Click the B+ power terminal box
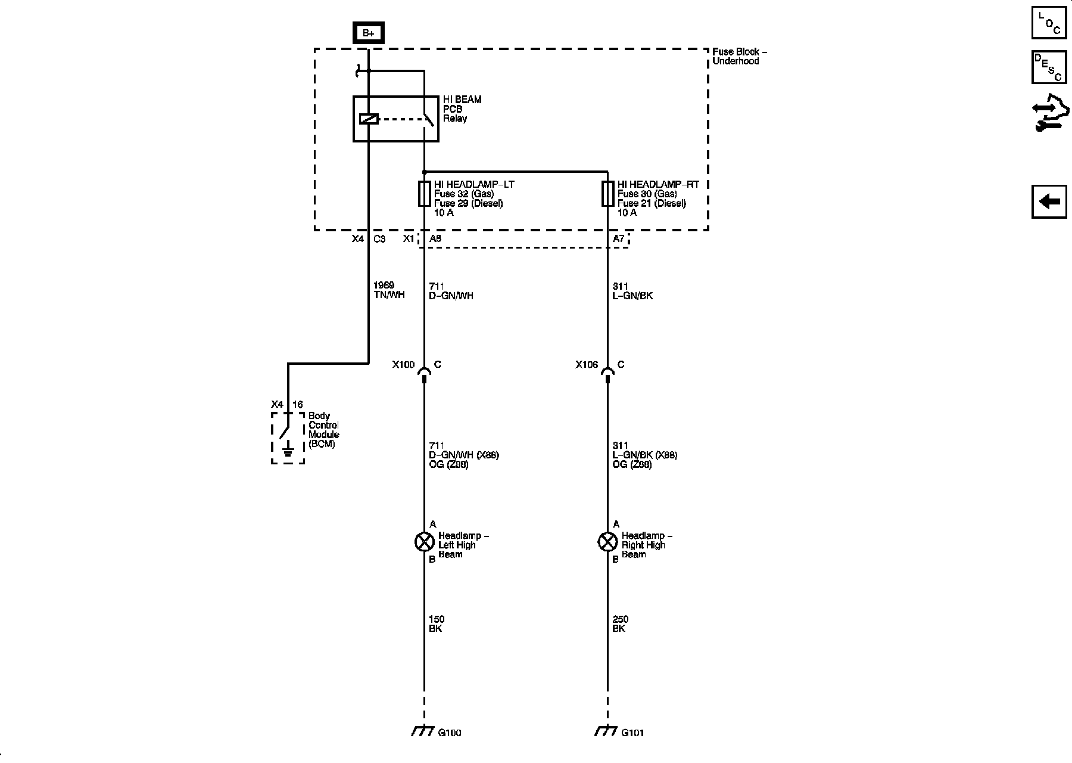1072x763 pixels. [x=369, y=33]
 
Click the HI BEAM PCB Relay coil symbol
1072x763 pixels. [x=369, y=119]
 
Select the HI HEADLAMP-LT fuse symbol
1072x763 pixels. [x=424, y=194]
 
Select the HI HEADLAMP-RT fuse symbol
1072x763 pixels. [x=607, y=194]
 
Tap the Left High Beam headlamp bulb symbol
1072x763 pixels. [x=424, y=542]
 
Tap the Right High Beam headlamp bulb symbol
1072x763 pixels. [x=607, y=542]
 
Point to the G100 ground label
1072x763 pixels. [x=449, y=733]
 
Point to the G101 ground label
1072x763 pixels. [x=632, y=733]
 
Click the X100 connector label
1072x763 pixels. [x=403, y=364]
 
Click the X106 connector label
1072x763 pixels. [x=587, y=364]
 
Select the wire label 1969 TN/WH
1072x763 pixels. [x=388, y=290]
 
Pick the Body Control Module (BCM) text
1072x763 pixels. [x=323, y=430]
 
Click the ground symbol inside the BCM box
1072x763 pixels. [x=288, y=450]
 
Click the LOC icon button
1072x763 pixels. [x=1049, y=23]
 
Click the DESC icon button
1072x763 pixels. [x=1049, y=67]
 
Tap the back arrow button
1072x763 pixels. [x=1049, y=201]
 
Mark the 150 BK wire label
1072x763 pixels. [x=436, y=624]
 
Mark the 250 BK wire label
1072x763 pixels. [x=619, y=624]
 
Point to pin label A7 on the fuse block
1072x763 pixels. [x=619, y=238]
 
